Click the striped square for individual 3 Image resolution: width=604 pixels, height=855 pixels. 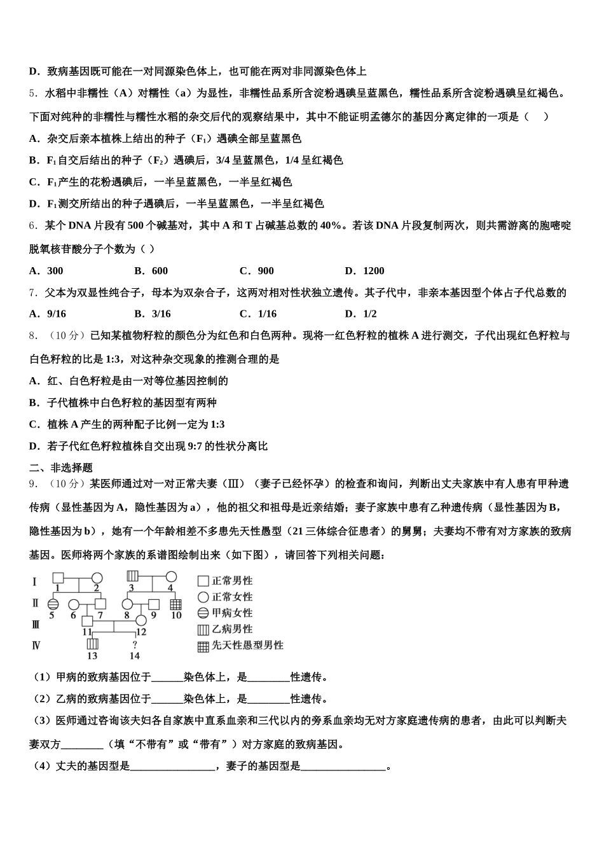133,577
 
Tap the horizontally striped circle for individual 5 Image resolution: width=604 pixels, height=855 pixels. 53,604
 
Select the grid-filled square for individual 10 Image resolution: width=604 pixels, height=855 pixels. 176,604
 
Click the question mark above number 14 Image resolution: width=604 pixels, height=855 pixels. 135,645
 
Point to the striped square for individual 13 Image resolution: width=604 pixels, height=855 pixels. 93,644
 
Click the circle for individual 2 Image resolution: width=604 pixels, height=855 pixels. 97,578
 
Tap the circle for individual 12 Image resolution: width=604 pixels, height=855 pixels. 141,620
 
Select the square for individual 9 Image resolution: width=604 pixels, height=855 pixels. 154,604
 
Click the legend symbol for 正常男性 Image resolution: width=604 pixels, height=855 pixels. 203,581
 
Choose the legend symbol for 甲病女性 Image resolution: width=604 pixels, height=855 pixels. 203,613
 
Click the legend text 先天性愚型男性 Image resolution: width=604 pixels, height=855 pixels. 247,645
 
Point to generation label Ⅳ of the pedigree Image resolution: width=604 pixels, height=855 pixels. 36,645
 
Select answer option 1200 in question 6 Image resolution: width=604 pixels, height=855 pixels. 373,271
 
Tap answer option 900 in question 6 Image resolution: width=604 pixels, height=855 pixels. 265,271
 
